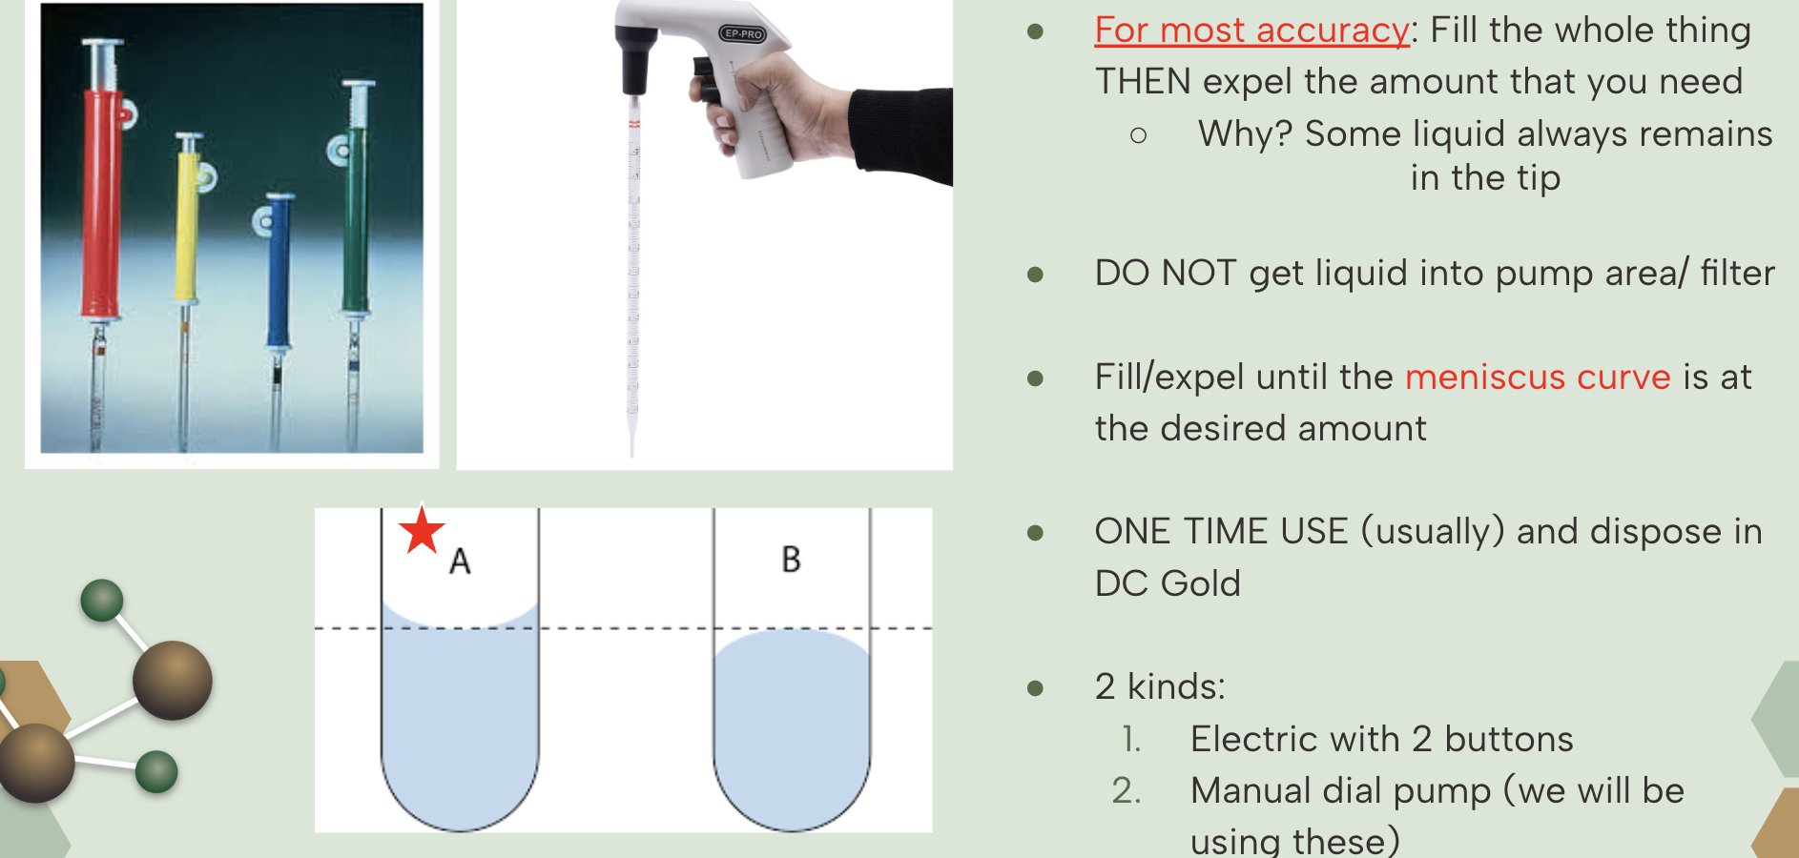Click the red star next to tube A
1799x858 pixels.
click(422, 530)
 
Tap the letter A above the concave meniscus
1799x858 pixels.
click(460, 562)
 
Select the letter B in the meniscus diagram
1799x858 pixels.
click(791, 559)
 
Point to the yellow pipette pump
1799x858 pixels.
click(189, 219)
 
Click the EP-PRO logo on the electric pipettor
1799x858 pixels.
click(743, 33)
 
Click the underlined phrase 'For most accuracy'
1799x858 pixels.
click(1251, 31)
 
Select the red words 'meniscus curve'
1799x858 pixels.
click(1538, 378)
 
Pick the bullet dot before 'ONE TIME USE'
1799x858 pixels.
click(1035, 532)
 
